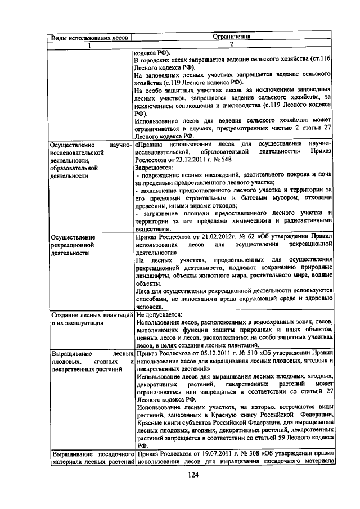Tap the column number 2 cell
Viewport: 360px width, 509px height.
click(x=231, y=45)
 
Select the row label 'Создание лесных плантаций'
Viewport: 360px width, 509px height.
click(x=91, y=315)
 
